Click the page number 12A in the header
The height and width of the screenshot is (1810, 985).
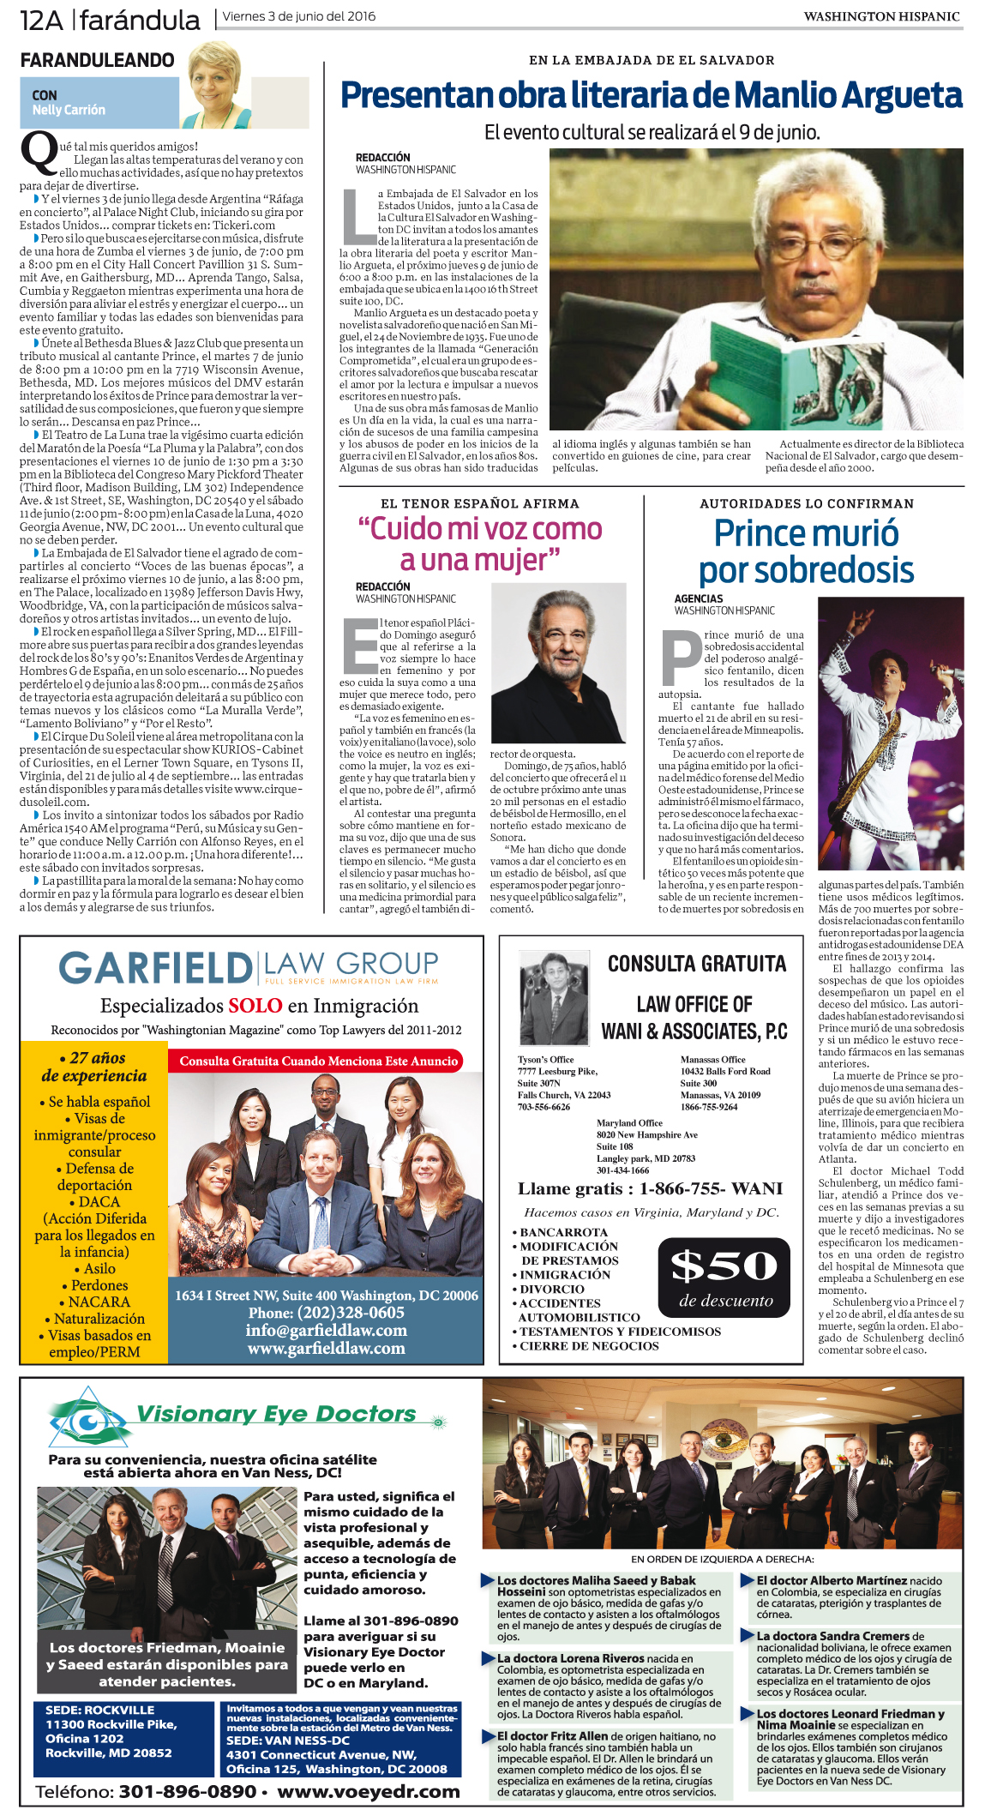(x=41, y=20)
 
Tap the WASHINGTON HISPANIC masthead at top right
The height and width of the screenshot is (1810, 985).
(x=881, y=16)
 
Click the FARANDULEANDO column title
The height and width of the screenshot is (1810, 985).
(x=97, y=60)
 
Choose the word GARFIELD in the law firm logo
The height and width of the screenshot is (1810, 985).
(x=155, y=969)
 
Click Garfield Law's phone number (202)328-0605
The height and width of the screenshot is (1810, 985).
(x=327, y=1313)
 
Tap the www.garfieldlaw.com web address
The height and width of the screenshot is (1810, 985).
(x=327, y=1348)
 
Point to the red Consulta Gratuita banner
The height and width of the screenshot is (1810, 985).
(x=318, y=1061)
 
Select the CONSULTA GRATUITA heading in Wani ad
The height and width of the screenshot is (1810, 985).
(x=696, y=964)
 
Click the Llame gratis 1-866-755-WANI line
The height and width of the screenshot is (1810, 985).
(x=650, y=1188)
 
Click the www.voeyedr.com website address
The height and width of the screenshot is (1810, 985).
(x=369, y=1791)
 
